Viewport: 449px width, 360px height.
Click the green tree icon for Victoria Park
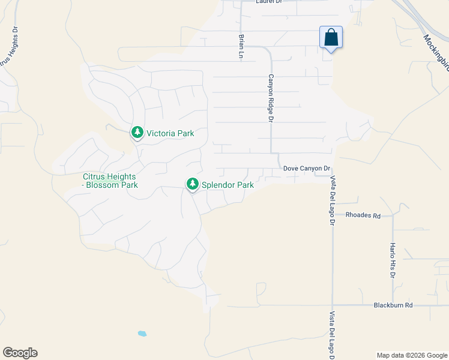[x=137, y=133]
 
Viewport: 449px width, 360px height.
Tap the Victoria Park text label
[x=169, y=133]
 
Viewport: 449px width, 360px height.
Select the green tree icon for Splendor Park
[x=193, y=184]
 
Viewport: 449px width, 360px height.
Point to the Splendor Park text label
[x=228, y=185]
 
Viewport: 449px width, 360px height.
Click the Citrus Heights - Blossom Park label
[x=110, y=181]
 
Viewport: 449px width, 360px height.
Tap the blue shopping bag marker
[x=331, y=38]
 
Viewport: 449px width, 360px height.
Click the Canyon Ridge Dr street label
[x=271, y=98]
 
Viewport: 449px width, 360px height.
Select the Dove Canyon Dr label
[x=307, y=170]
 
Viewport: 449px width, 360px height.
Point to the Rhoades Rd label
[x=363, y=215]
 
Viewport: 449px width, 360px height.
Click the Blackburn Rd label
[x=393, y=305]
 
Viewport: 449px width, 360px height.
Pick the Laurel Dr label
[x=268, y=2]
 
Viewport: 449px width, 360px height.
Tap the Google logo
[x=20, y=353]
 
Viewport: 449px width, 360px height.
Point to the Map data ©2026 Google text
[x=412, y=355]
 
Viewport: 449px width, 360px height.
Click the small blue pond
[x=142, y=334]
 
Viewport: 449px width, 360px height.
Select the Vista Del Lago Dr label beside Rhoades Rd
[x=332, y=200]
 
